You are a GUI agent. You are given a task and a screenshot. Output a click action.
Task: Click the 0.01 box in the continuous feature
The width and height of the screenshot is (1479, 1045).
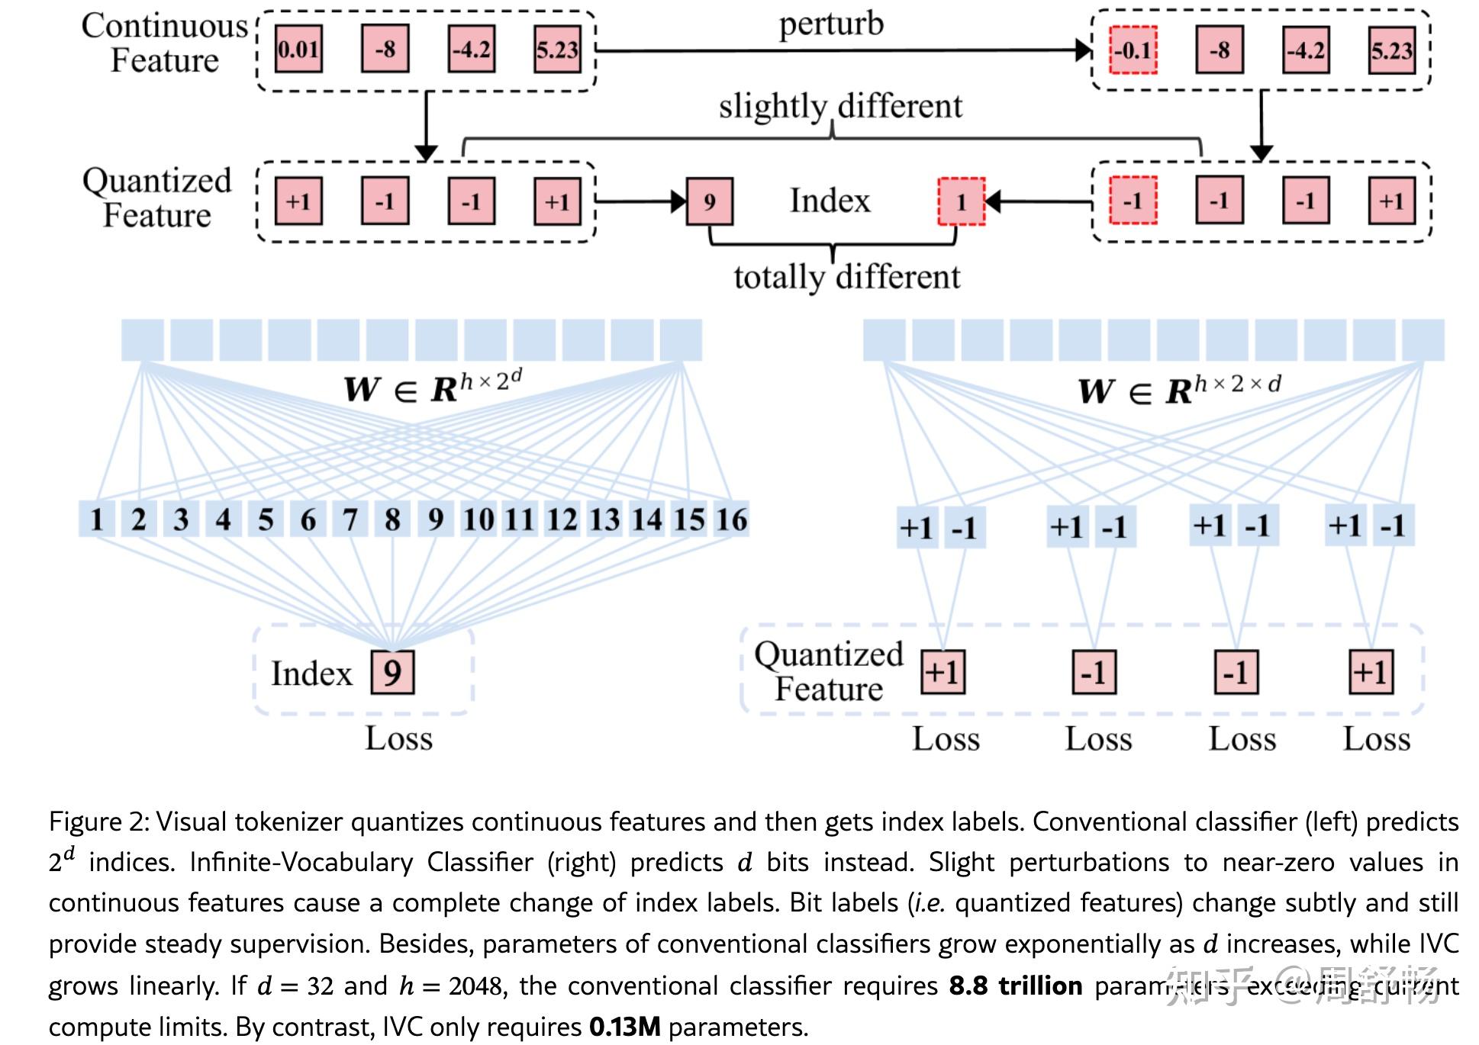[298, 50]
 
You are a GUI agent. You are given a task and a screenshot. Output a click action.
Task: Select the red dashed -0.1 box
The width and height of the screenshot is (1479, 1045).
[1133, 50]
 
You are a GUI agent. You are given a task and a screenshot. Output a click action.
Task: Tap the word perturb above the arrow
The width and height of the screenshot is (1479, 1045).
[831, 24]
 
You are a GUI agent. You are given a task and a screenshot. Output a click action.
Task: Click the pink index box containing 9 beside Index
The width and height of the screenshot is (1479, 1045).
[710, 202]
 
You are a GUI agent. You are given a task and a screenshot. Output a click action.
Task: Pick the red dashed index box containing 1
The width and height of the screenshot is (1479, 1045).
[961, 202]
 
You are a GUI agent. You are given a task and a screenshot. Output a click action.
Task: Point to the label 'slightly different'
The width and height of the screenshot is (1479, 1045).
[840, 107]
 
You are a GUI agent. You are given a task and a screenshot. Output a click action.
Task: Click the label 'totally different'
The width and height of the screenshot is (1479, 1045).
[847, 277]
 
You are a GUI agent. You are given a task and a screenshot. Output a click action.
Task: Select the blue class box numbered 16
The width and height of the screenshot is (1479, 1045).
[731, 519]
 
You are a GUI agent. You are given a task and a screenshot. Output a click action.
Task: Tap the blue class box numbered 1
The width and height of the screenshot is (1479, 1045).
[97, 519]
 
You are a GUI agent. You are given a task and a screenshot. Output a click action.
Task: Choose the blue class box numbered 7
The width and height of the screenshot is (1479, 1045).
[350, 519]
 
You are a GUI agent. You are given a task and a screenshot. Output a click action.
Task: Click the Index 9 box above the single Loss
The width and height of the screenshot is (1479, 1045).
[392, 673]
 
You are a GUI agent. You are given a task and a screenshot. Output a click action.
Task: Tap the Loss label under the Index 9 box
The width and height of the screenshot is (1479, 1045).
[398, 738]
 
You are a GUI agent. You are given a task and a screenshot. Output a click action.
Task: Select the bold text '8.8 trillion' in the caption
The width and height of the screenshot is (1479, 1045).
[1015, 986]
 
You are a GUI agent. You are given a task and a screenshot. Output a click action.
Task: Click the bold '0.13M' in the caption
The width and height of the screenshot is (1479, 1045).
[624, 1027]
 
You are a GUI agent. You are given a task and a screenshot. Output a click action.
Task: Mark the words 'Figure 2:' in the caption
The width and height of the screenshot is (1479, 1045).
[98, 822]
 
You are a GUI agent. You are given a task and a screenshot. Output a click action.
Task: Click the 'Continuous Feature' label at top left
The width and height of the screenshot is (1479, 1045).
[165, 43]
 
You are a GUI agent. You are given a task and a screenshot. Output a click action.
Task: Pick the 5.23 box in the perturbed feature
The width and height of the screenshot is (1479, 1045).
[1391, 50]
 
